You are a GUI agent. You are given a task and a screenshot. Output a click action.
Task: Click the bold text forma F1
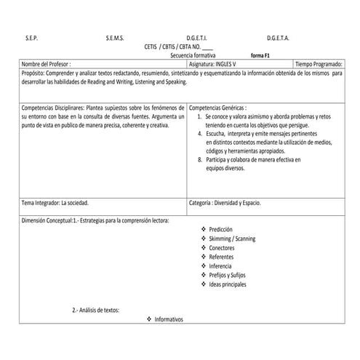coord(260,55)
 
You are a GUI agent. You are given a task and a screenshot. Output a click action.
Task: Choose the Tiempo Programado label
coord(318,64)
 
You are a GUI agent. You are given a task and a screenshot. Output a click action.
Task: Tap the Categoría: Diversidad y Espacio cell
coord(225,203)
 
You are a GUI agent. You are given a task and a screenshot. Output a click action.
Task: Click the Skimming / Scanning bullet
coord(231,239)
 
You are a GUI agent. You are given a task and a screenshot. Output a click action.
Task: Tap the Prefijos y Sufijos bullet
coord(229,275)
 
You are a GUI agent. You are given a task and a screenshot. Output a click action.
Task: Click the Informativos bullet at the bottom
coord(169,320)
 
